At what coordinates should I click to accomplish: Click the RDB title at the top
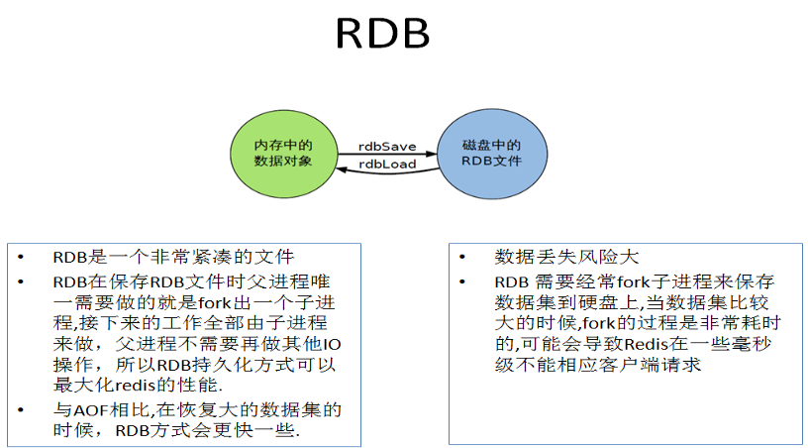pos(382,34)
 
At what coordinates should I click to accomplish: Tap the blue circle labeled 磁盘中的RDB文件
pos(491,153)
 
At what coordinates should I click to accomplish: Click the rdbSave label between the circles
pos(386,145)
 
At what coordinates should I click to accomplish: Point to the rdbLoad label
pos(386,165)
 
